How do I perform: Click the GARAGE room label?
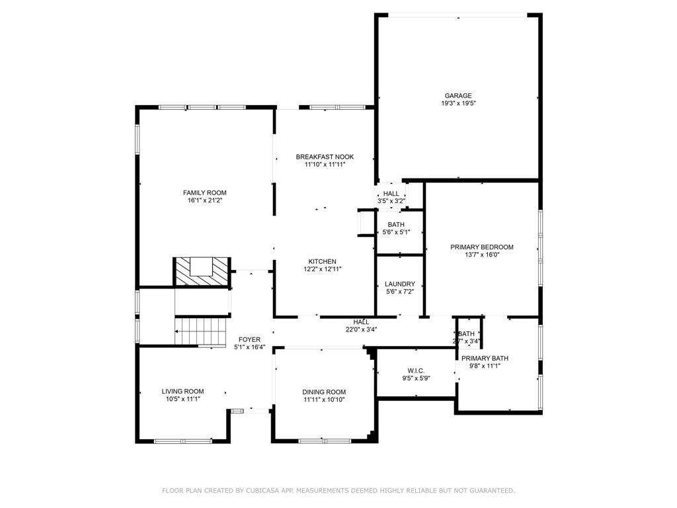(458, 95)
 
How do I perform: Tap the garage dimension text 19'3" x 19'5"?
(458, 103)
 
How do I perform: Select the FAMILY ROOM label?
(204, 192)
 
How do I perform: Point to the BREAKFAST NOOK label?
(325, 157)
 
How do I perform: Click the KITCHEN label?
(322, 261)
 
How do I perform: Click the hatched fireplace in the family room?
(202, 271)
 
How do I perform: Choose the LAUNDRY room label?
(399, 284)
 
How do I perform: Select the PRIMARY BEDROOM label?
(481, 247)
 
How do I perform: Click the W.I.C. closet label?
(416, 370)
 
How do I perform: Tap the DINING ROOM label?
(324, 392)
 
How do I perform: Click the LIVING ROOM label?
(182, 391)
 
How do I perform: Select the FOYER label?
(249, 339)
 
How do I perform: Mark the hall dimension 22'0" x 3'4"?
(361, 329)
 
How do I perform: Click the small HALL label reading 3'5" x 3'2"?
(391, 200)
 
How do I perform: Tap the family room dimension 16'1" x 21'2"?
(204, 200)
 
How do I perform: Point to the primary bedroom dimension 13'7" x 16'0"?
(481, 255)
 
